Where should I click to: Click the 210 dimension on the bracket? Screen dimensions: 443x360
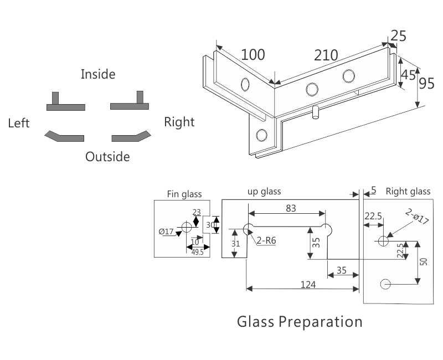tap(326, 55)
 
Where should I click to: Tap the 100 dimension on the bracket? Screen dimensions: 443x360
tap(253, 54)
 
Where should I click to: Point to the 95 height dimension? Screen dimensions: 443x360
tap(426, 83)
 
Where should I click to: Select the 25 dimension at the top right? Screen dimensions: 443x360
tap(398, 35)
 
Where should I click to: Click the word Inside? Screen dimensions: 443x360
tap(98, 74)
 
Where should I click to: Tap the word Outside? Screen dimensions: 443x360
tap(107, 157)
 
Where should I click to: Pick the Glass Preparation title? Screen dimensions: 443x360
tap(300, 322)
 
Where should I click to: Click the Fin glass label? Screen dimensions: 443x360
tap(184, 194)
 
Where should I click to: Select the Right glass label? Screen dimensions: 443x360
tap(408, 192)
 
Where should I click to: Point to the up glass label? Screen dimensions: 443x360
tap(264, 192)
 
